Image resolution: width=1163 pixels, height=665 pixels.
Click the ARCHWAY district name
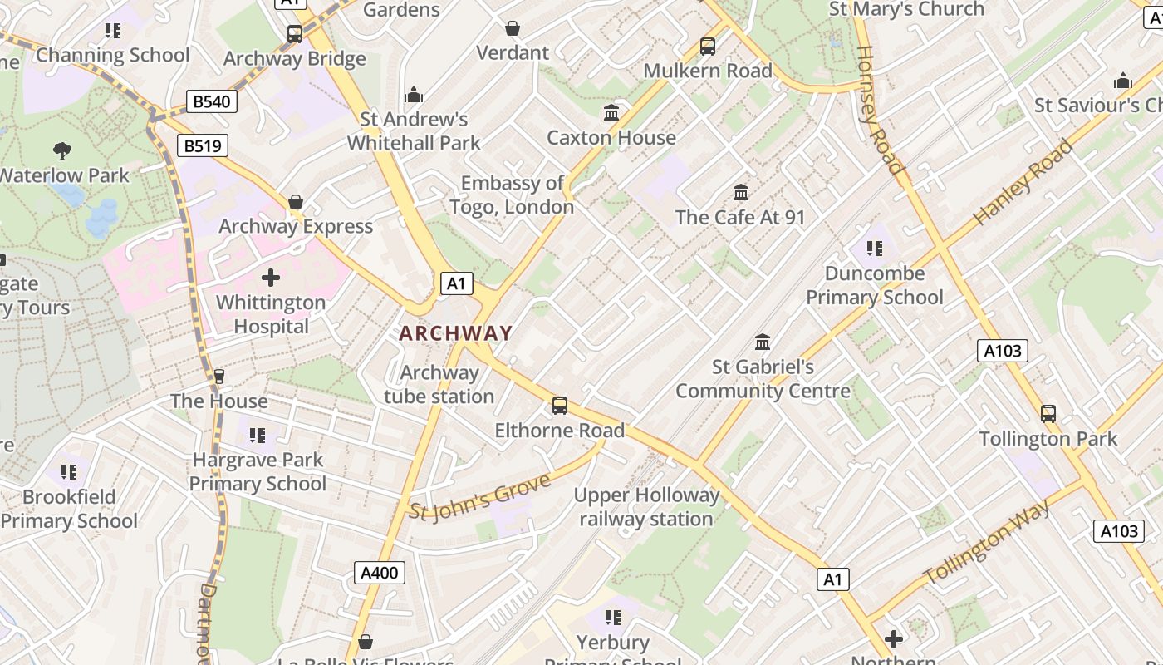(455, 333)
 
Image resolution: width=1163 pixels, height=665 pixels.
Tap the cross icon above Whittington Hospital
(271, 278)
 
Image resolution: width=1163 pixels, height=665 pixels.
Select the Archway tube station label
(439, 384)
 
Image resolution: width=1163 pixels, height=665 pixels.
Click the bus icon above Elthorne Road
(560, 406)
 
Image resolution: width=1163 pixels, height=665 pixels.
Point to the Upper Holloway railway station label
(646, 507)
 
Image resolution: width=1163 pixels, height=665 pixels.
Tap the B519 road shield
(203, 146)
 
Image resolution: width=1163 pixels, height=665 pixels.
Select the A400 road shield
(380, 572)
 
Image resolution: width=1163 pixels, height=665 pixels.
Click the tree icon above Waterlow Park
(62, 151)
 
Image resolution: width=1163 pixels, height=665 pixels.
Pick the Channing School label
(113, 56)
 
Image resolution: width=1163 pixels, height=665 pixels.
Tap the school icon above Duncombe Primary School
(874, 248)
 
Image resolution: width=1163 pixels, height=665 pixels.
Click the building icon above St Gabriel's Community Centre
(762, 342)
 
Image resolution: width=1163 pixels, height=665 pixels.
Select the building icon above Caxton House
(611, 112)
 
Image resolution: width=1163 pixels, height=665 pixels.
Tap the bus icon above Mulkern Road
(708, 47)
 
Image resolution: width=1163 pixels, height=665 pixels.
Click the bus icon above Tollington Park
(1048, 413)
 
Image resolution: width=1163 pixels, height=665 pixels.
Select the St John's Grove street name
(480, 496)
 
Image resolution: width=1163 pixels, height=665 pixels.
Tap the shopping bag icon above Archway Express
(296, 202)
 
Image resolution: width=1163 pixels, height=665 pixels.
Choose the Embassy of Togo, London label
(512, 195)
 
